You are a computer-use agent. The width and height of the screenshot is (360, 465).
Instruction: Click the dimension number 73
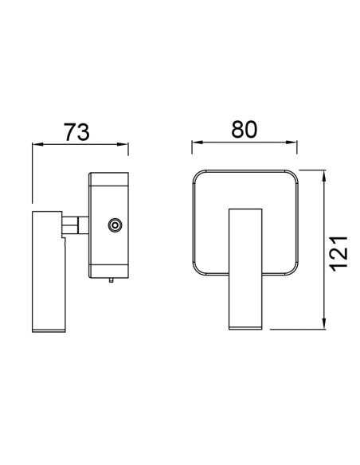pyautogui.click(x=76, y=132)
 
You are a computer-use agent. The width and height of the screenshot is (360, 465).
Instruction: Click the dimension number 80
pyautogui.click(x=244, y=129)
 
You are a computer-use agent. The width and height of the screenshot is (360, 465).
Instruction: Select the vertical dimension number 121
pyautogui.click(x=338, y=254)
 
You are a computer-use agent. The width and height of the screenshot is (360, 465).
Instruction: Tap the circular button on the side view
pyautogui.click(x=115, y=225)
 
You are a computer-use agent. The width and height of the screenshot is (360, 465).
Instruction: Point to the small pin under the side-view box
pyautogui.click(x=112, y=280)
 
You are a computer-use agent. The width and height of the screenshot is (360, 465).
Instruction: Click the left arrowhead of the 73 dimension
pyautogui.click(x=37, y=144)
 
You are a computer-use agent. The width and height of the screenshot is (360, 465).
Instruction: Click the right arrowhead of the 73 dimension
pyautogui.click(x=123, y=144)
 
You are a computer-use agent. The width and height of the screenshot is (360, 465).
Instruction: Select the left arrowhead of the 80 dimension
pyautogui.click(x=198, y=143)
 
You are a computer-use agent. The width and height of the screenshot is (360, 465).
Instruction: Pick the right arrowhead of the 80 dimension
pyautogui.click(x=292, y=143)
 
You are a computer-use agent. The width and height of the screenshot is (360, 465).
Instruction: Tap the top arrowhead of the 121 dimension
pyautogui.click(x=324, y=176)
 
